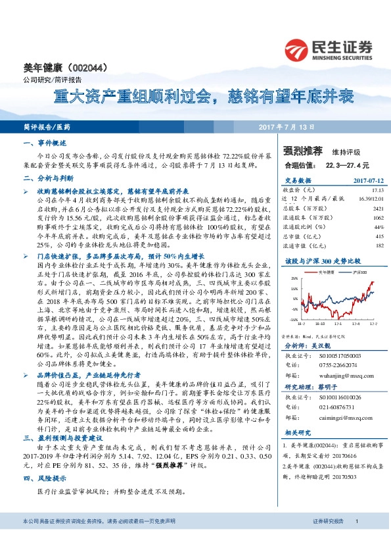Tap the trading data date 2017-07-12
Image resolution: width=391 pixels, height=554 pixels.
coord(356,178)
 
